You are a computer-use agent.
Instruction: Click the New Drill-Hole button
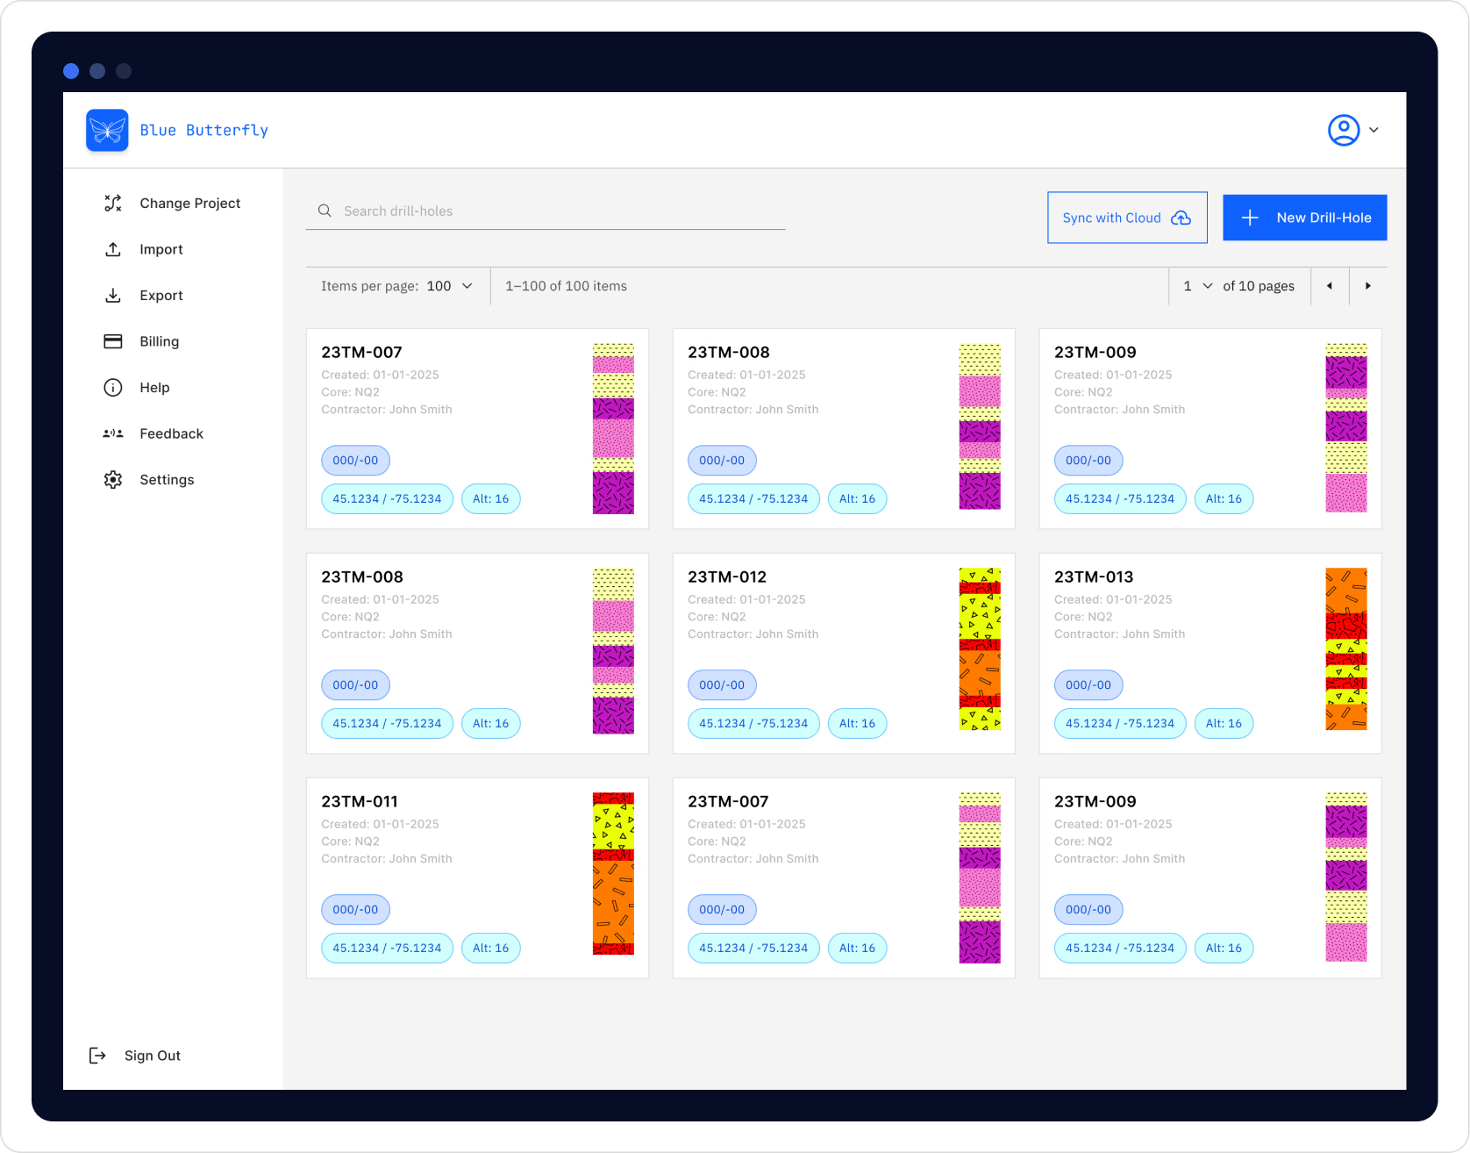(1304, 218)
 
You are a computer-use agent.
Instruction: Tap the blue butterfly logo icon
(107, 130)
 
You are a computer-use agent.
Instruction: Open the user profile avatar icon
(1343, 130)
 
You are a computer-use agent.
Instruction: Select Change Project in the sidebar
(189, 204)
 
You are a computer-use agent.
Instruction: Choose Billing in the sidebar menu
(159, 341)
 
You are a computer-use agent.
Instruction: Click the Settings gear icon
(113, 480)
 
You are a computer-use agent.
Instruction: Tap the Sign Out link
(152, 1056)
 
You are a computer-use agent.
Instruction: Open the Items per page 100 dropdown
(449, 286)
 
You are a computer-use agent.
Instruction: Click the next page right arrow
(1367, 286)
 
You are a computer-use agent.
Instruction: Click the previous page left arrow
(1330, 286)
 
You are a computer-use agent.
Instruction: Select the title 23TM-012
(727, 577)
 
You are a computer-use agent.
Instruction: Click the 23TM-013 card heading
(1094, 577)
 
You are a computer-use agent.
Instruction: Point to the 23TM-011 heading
(360, 802)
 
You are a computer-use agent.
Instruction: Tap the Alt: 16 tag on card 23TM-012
(857, 724)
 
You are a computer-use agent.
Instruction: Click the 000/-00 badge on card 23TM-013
(1088, 685)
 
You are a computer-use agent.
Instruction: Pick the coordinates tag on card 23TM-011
(387, 949)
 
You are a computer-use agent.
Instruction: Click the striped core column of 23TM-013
(1345, 649)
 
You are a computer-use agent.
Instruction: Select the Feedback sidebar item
(171, 433)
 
